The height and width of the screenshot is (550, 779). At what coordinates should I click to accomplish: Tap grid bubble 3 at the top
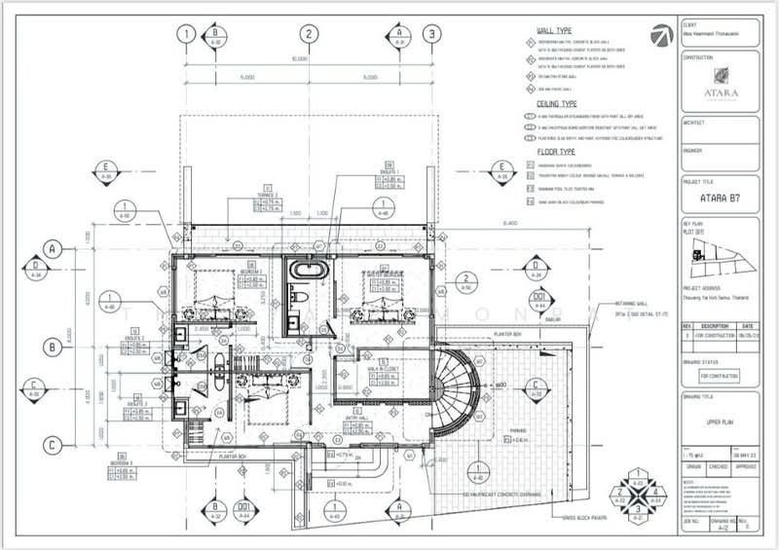[x=429, y=33]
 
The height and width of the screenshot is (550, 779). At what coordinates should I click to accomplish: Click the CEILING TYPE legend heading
[x=559, y=101]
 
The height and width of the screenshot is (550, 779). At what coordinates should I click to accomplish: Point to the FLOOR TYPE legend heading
[x=555, y=153]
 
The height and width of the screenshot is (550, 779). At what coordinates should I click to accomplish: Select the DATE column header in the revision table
[x=745, y=326]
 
